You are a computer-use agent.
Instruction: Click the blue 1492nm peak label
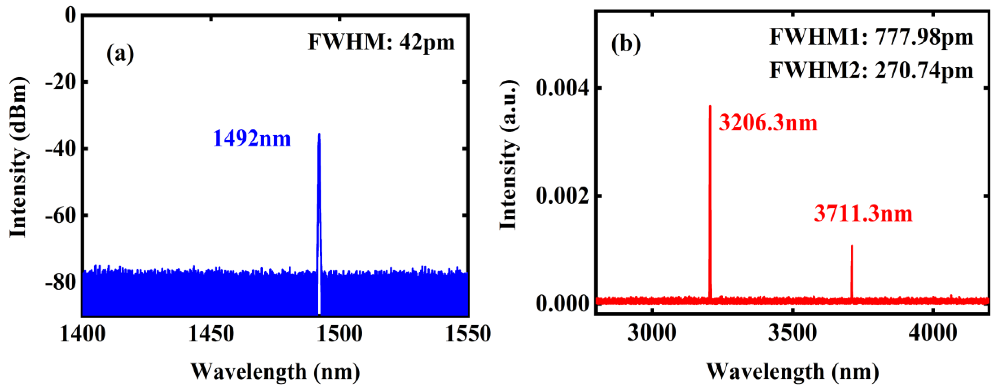(252, 139)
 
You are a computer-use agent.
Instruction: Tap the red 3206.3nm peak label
(768, 123)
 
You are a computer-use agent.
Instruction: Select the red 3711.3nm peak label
(863, 214)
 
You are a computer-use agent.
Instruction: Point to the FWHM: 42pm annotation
(381, 42)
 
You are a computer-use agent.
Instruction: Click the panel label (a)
(120, 54)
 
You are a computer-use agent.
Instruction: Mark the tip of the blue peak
(319, 134)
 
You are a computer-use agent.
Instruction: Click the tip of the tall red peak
(710, 106)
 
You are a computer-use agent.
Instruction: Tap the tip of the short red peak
(852, 246)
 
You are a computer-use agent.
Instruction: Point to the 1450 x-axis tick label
(211, 334)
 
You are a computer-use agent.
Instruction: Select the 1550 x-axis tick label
(467, 334)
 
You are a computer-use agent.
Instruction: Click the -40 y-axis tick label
(61, 149)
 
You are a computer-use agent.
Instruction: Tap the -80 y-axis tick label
(61, 282)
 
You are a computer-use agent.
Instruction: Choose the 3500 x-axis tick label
(792, 334)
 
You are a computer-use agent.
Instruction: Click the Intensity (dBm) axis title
(18, 157)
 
